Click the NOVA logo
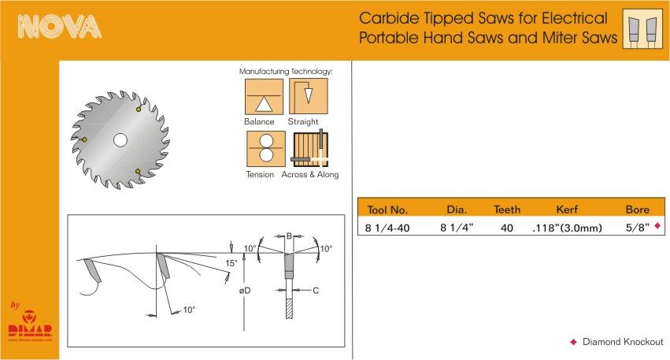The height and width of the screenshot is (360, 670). [x=59, y=27]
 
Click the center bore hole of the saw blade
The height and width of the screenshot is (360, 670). [x=120, y=139]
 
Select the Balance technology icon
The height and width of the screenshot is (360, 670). [x=264, y=97]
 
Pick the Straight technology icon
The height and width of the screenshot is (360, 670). [x=308, y=96]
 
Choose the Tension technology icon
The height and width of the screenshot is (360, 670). [x=266, y=149]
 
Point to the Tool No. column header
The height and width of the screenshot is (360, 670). [x=387, y=210]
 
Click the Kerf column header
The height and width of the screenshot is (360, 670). [x=567, y=210]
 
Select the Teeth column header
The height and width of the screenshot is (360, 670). [x=507, y=210]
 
